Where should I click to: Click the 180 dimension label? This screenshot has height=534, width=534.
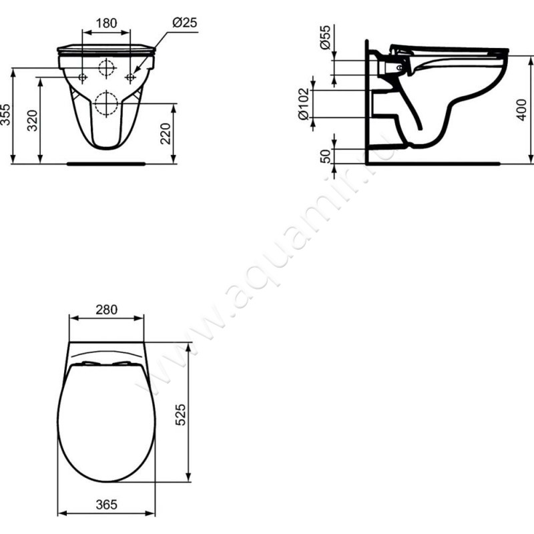[106, 23]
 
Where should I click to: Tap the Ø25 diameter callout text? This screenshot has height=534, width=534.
[185, 23]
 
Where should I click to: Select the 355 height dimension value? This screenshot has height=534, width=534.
[5, 114]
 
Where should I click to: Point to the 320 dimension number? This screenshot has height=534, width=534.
[33, 121]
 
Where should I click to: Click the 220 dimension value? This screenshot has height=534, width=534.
[165, 134]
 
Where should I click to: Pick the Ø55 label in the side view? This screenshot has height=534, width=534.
[325, 37]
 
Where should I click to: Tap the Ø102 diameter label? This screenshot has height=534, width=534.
[304, 104]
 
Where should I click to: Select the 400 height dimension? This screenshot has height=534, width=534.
[521, 109]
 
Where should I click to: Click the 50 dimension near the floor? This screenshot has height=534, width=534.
[326, 156]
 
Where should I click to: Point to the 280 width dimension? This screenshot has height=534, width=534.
[106, 310]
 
